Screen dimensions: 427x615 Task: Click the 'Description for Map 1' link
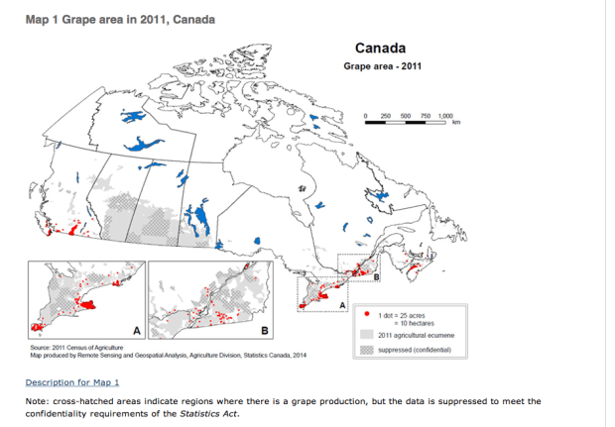tap(72, 381)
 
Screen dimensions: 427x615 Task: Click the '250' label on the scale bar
tap(387, 115)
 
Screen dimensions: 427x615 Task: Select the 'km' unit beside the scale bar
tap(457, 123)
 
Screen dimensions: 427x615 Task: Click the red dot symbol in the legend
tap(370, 314)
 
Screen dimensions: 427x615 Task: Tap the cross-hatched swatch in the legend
tap(369, 350)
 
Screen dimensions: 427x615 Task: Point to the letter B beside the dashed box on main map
tap(376, 276)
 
